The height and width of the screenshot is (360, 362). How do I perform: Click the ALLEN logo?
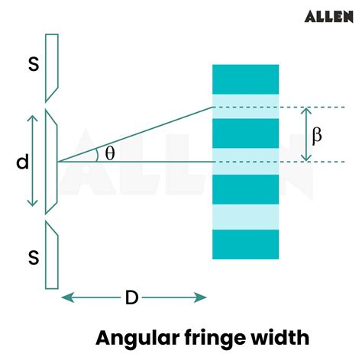328,16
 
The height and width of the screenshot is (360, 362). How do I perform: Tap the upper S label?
33,65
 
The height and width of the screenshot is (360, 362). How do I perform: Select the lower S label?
33,258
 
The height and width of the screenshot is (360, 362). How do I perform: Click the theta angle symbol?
110,153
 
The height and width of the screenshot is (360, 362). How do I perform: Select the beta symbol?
317,134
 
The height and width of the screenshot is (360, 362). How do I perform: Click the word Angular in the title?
137,336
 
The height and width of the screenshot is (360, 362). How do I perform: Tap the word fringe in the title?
210,336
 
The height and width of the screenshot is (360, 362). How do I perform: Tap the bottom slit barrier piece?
51,256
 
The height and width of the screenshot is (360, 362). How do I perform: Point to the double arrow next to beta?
305,134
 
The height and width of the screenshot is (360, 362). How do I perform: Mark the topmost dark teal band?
246,79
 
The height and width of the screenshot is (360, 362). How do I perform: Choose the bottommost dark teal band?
246,245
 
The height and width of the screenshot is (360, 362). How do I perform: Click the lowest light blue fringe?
246,217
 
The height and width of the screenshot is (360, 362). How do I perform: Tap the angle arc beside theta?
97,155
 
